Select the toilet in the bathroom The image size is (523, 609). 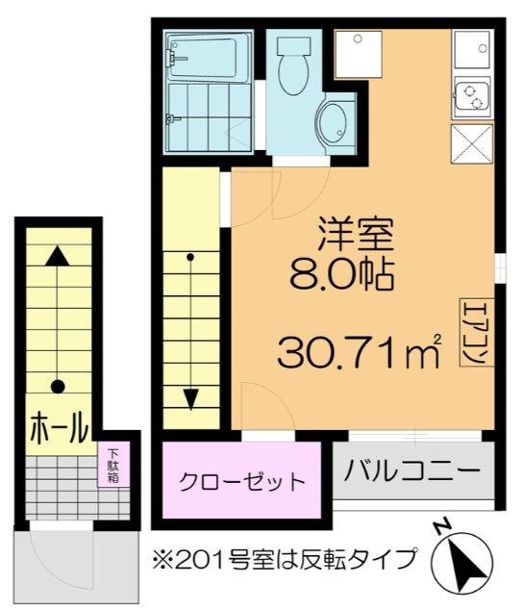288,63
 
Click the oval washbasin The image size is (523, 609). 334,122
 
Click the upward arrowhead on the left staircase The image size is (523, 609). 58,256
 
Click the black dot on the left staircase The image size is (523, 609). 58,387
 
